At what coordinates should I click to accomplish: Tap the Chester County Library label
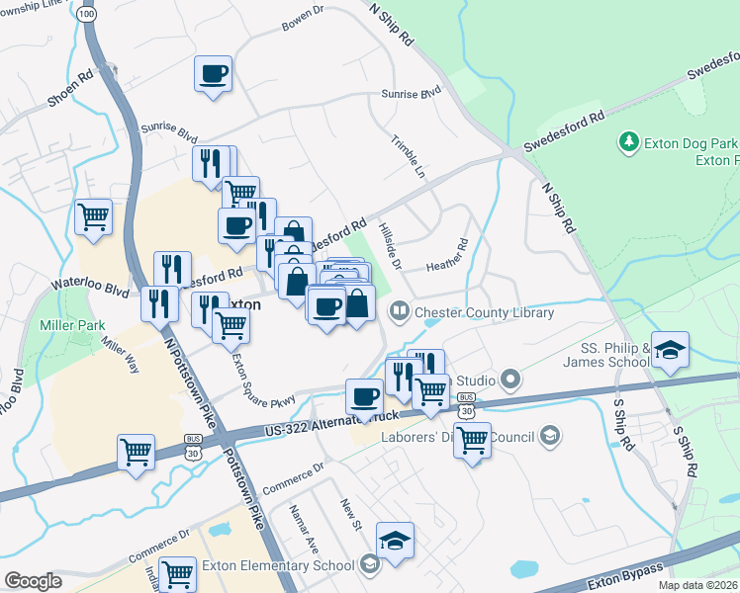[484, 312]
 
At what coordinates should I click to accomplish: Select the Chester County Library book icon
[400, 312]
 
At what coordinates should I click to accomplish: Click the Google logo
[33, 581]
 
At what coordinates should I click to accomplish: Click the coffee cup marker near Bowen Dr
[213, 73]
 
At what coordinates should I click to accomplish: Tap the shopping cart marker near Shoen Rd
[94, 215]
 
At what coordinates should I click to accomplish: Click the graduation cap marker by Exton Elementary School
[395, 540]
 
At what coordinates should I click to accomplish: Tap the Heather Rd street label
[446, 258]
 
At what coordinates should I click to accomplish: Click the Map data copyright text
[697, 585]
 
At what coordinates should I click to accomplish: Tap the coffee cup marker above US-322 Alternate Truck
[364, 396]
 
